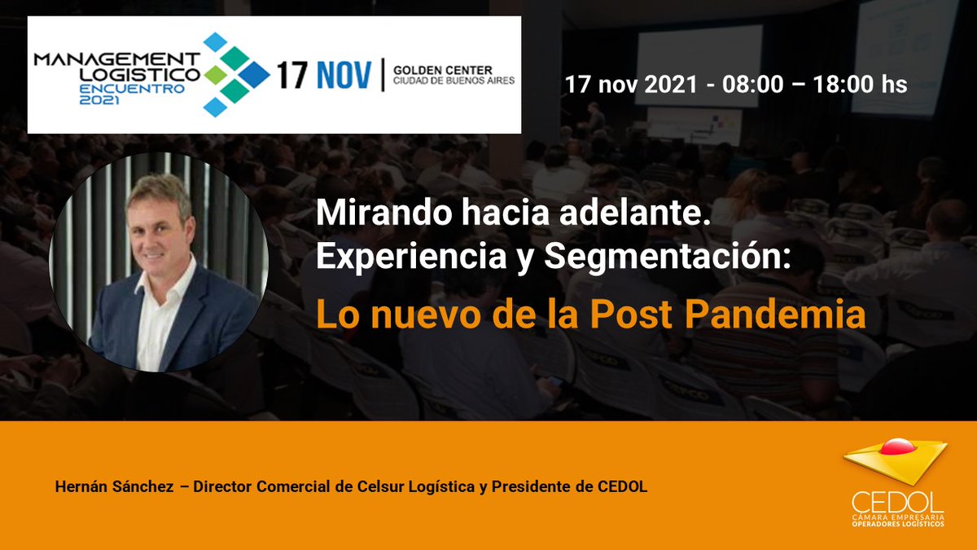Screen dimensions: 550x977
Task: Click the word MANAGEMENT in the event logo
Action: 116,59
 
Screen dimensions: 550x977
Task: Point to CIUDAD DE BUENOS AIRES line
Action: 453,81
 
